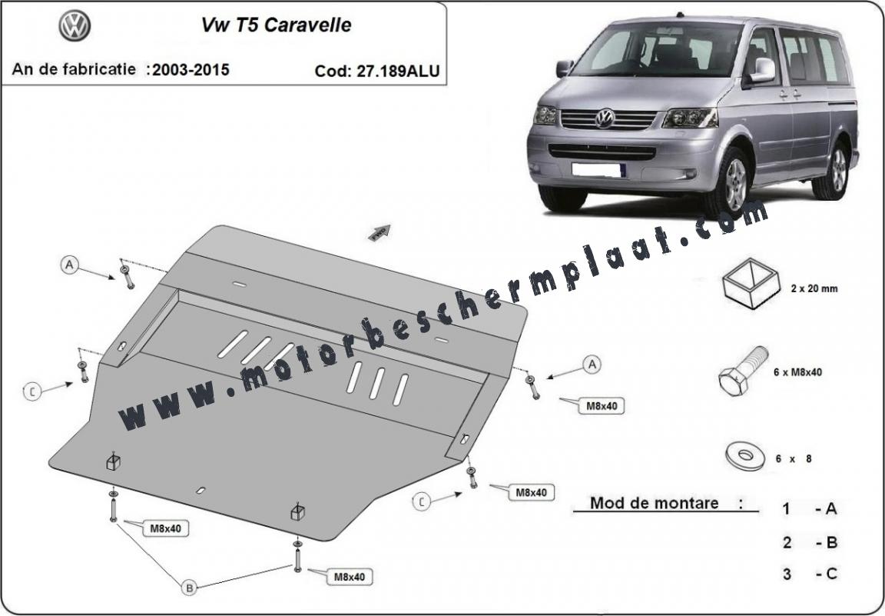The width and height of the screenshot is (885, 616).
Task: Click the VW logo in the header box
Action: click(75, 26)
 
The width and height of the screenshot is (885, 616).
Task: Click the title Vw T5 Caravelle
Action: click(277, 25)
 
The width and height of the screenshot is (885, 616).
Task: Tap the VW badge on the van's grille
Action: click(605, 118)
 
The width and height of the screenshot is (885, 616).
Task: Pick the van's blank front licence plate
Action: click(597, 169)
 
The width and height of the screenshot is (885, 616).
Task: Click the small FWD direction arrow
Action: click(380, 232)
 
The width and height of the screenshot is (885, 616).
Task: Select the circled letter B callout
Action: click(190, 588)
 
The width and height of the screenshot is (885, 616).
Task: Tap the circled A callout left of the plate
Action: click(69, 265)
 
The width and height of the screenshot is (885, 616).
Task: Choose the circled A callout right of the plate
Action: click(592, 365)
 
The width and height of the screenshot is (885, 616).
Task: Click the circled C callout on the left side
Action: click(32, 391)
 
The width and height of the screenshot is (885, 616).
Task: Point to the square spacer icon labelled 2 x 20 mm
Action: click(751, 283)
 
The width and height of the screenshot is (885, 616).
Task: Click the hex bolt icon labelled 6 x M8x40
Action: click(744, 371)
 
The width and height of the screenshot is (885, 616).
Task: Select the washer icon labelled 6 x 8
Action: click(745, 457)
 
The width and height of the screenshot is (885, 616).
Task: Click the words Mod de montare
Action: click(655, 503)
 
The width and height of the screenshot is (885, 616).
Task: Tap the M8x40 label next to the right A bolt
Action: click(602, 406)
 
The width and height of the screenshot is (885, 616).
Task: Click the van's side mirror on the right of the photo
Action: click(761, 70)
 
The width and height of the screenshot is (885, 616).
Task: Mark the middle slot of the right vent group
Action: click(377, 384)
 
